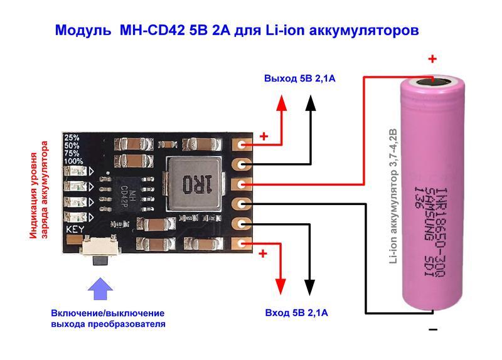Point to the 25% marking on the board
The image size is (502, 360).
[72, 137]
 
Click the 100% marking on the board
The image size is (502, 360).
[73, 161]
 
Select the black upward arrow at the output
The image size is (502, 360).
[310, 116]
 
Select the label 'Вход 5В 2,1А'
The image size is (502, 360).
[295, 312]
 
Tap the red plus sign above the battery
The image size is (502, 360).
[432, 60]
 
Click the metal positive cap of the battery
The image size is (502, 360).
[432, 80]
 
